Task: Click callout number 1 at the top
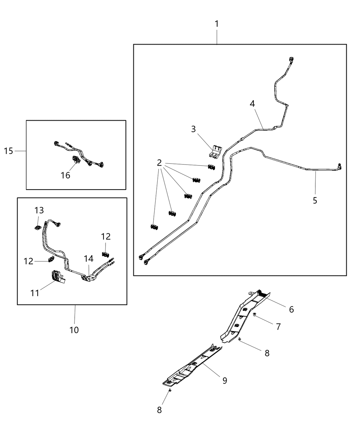216,24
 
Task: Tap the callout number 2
159,163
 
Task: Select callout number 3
193,129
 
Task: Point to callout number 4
252,104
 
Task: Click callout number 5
315,201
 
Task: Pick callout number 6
291,309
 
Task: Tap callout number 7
278,327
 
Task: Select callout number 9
225,380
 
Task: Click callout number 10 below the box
74,330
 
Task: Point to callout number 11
35,293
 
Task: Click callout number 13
39,210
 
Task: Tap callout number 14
88,259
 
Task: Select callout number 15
9,151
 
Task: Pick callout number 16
65,175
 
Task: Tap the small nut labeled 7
255,314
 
